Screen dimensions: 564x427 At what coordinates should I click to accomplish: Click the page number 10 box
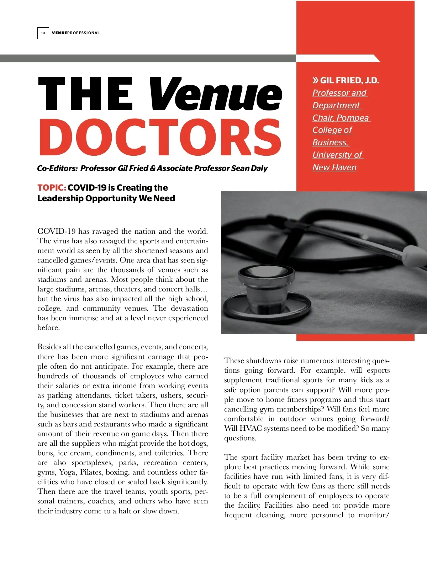pyautogui.click(x=43, y=33)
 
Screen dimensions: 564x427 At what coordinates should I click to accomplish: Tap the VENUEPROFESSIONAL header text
pyautogui.click(x=76, y=33)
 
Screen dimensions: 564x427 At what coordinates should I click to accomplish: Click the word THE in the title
pyautogui.click(x=85, y=94)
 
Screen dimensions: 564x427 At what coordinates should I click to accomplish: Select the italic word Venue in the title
pyautogui.click(x=215, y=94)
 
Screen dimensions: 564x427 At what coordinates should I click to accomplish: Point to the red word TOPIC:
pyautogui.click(x=52, y=188)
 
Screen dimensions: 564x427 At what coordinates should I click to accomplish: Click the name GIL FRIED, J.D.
pyautogui.click(x=349, y=81)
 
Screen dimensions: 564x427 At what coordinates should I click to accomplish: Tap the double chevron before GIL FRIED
pyautogui.click(x=316, y=81)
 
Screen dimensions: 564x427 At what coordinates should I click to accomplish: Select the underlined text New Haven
pyautogui.click(x=334, y=167)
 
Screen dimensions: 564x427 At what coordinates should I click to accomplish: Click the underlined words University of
pyautogui.click(x=337, y=155)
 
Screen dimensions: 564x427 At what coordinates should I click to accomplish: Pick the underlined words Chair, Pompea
pyautogui.click(x=341, y=118)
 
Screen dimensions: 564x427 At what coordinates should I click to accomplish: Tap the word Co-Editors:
pyautogui.click(x=57, y=169)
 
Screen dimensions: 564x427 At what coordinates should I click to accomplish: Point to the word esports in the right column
pyautogui.click(x=378, y=371)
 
